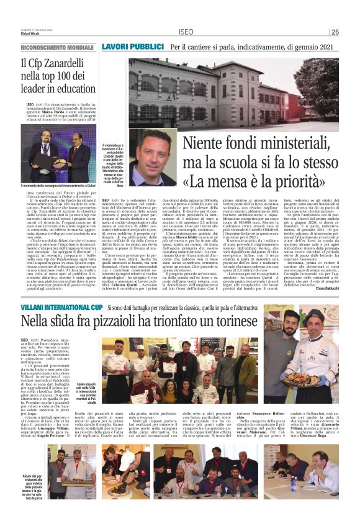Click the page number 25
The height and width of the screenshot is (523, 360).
pos(335,32)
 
